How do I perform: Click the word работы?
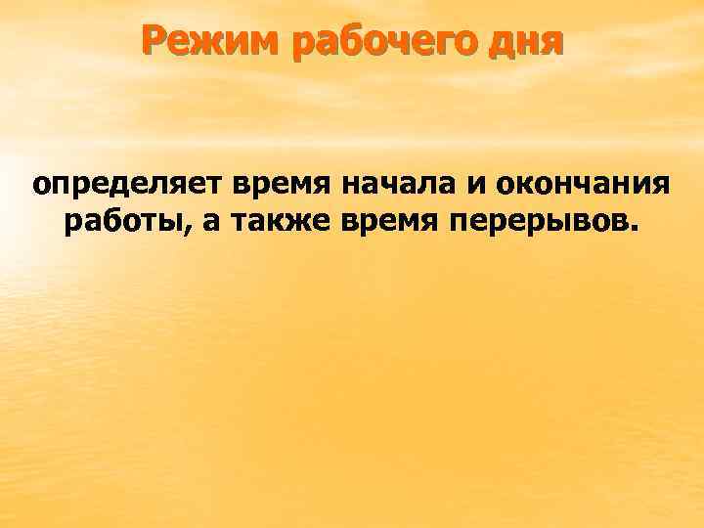tap(124, 224)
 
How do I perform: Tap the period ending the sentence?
tap(638, 233)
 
